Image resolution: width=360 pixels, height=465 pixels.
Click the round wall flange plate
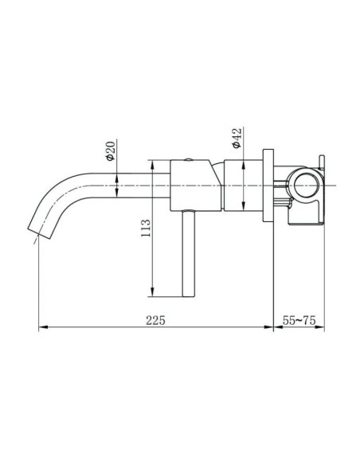click(x=269, y=186)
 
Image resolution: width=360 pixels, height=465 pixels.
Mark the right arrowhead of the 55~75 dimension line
click(x=322, y=327)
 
